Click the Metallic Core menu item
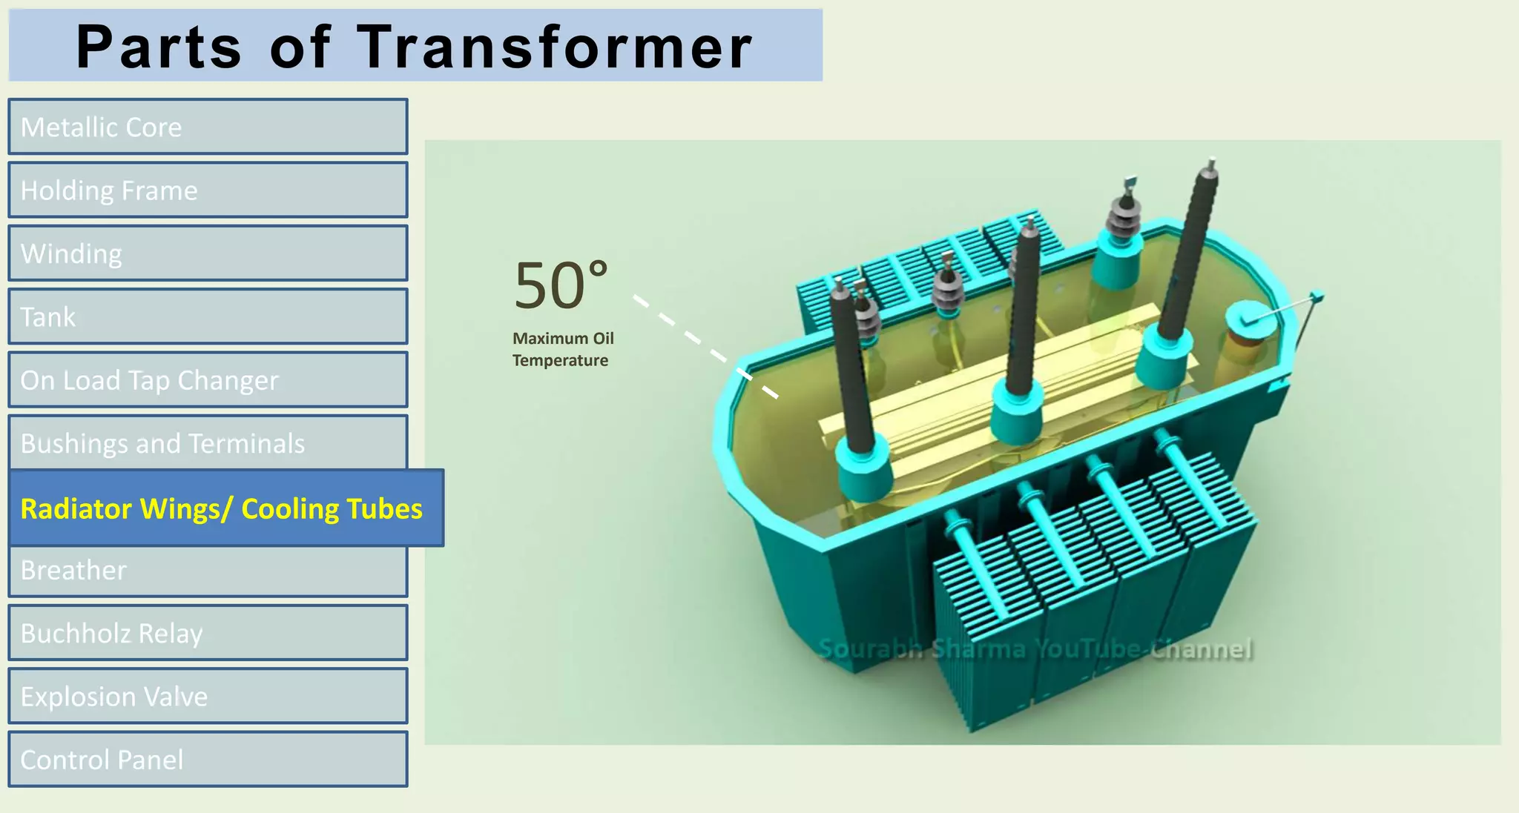[x=208, y=127]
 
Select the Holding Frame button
[x=208, y=190]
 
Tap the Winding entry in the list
[x=208, y=253]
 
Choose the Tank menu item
[x=208, y=317]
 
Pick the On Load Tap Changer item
[x=208, y=380]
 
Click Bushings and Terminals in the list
[x=208, y=442]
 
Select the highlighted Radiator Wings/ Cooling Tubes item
[x=226, y=508]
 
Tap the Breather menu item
[x=208, y=571]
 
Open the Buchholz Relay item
[x=208, y=633]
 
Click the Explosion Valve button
[x=208, y=697]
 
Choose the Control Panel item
[x=208, y=760]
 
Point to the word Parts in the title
[x=159, y=47]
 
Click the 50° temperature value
[x=561, y=285]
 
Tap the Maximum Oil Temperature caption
[x=563, y=349]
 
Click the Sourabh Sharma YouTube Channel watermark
[x=1035, y=649]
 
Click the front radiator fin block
[x=1090, y=593]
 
